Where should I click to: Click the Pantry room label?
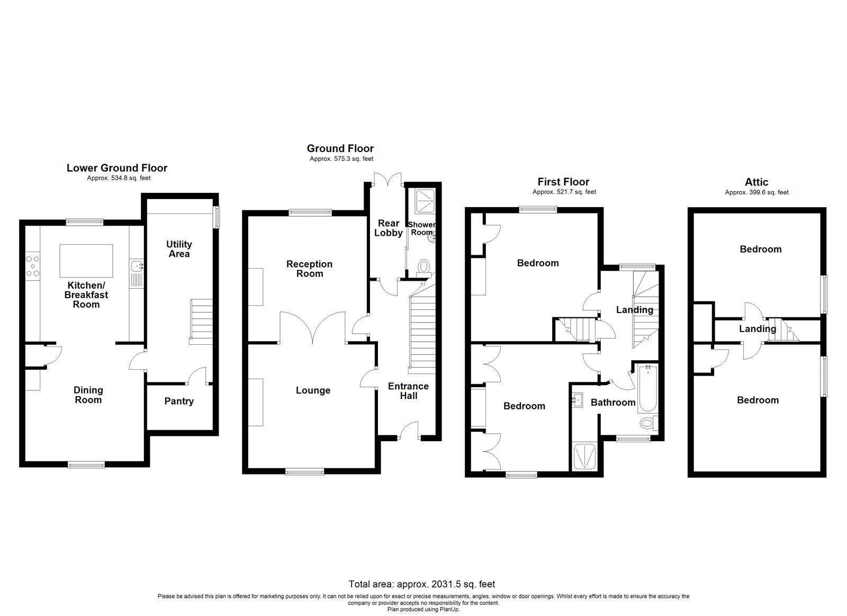(x=179, y=401)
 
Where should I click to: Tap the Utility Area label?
(x=179, y=249)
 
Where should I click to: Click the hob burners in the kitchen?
(x=32, y=266)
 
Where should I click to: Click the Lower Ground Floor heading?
(x=117, y=168)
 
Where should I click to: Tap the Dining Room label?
(x=88, y=395)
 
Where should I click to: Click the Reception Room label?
(x=310, y=269)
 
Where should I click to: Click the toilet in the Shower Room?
(x=424, y=266)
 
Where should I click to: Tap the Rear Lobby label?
(x=389, y=228)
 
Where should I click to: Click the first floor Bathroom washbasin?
(x=578, y=400)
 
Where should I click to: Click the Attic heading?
(x=756, y=182)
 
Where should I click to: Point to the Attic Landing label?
(x=758, y=329)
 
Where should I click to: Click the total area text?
(x=422, y=584)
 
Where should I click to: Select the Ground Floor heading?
(x=340, y=148)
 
